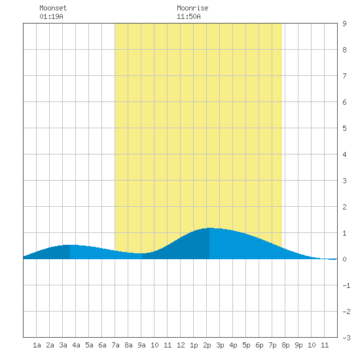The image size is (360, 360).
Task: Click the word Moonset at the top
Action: [x=53, y=8]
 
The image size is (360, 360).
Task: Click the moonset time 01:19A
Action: [x=51, y=16]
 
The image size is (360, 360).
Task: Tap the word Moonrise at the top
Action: [x=192, y=8]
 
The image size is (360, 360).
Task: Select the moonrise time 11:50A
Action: [x=189, y=16]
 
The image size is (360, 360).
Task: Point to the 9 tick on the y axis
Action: [x=344, y=24]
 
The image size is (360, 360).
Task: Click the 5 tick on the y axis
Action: [x=344, y=128]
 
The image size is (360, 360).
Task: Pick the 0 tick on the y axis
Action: [x=344, y=259]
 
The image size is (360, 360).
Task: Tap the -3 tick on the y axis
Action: [x=346, y=338]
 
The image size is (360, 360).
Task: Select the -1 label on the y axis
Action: [x=346, y=285]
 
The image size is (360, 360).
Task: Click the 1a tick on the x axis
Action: [x=37, y=345]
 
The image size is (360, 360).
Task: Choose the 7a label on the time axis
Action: [x=115, y=345]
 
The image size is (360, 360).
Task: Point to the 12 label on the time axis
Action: [x=181, y=345]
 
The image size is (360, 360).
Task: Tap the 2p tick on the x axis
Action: [x=207, y=345]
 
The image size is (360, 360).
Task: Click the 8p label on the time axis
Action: [x=285, y=345]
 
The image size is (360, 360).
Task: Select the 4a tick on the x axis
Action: [x=76, y=345]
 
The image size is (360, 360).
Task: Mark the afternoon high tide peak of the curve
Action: [x=209, y=228]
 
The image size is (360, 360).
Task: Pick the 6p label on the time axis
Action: [x=259, y=345]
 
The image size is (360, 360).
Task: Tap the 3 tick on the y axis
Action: [x=344, y=181]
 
